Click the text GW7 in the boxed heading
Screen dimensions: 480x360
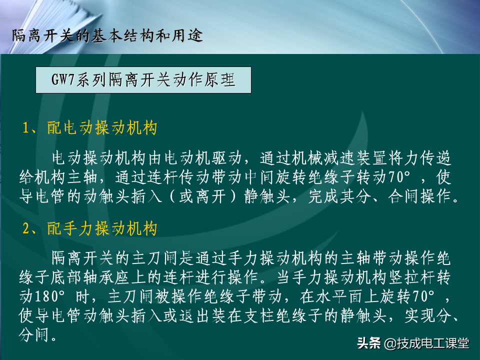coord(63,79)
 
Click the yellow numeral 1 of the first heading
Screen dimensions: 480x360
coord(26,128)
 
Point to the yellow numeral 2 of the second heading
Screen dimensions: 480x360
coord(26,228)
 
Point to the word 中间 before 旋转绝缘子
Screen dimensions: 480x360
coord(259,177)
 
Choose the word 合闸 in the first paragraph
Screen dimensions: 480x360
coord(403,196)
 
